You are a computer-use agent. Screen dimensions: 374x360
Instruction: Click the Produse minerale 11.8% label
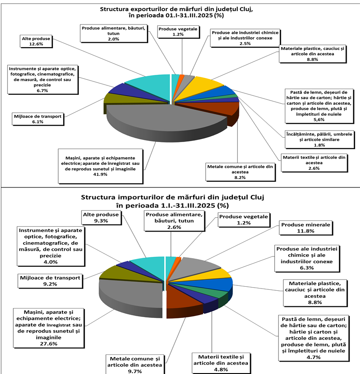(305, 228)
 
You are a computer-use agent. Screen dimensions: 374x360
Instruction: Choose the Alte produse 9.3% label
(101, 217)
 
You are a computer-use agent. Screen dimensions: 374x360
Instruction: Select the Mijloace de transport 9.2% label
(50, 281)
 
